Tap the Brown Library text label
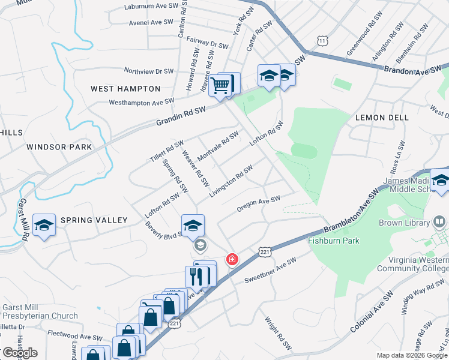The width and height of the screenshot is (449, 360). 404,223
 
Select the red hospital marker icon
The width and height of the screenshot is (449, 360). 231,260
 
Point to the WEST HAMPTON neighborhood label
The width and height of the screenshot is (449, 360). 119,89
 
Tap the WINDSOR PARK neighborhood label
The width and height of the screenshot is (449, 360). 59,147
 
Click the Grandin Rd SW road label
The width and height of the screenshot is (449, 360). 181,114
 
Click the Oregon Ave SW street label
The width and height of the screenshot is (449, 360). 259,204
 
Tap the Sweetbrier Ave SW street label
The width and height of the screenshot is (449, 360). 271,271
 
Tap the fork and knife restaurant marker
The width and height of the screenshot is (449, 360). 196,277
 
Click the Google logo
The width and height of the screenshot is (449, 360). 19,353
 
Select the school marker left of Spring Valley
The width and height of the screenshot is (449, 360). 44,226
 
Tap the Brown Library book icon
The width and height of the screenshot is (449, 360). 439,223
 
